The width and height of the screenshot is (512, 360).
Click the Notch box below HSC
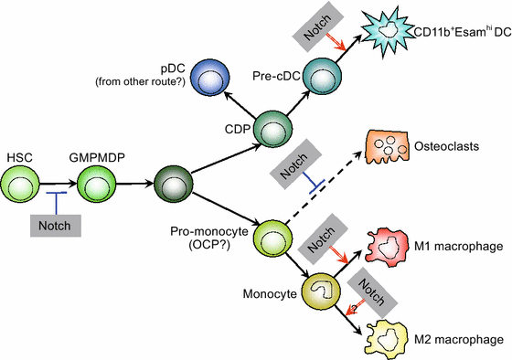pos(56,222)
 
